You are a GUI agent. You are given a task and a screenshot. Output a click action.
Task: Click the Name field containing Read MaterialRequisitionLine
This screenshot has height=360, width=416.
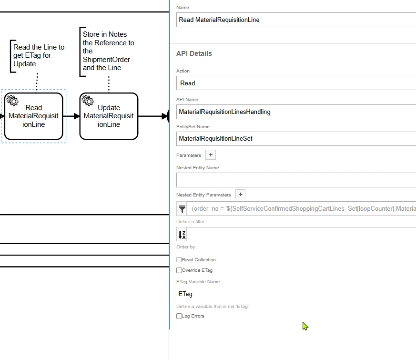point(296,20)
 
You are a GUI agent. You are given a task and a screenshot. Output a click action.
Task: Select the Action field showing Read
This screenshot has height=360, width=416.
point(296,83)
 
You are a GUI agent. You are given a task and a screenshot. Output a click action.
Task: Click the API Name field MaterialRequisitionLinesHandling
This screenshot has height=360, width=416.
point(296,112)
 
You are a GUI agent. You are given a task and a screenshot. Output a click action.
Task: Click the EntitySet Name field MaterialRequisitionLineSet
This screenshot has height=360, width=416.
point(296,139)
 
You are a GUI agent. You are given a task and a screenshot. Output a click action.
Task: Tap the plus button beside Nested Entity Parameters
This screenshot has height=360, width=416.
point(240,195)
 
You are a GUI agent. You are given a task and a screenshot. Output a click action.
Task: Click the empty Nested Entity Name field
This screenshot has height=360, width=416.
point(296,180)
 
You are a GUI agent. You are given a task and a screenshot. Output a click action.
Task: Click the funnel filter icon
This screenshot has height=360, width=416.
point(182,209)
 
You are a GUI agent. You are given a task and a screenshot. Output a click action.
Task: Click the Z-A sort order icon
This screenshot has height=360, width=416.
point(182,235)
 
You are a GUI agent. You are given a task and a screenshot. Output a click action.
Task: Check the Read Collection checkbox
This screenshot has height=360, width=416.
point(179,260)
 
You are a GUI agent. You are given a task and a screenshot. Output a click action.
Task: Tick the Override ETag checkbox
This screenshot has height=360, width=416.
point(179,270)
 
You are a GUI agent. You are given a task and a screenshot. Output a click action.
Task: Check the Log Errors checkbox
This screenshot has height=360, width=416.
point(179,316)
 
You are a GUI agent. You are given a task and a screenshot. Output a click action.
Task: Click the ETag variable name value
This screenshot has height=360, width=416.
point(185,294)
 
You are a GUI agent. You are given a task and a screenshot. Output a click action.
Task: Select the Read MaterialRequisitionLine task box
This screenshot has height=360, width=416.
point(34,116)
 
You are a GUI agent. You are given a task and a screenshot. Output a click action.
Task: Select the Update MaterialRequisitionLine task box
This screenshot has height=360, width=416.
point(109,116)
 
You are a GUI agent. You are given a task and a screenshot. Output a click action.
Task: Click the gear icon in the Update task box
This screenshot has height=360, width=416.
point(88,100)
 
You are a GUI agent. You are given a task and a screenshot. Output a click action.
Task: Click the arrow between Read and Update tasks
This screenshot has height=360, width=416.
point(71,116)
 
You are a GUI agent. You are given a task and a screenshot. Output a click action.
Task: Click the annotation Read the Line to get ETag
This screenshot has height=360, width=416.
point(39,55)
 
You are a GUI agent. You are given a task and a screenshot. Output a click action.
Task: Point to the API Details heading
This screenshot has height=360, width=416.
point(194,53)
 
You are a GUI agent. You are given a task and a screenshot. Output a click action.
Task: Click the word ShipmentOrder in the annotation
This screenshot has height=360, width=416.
point(106,60)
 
